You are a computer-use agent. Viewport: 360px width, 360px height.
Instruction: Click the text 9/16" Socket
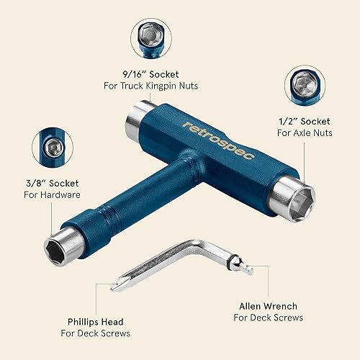pyautogui.click(x=150, y=73)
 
